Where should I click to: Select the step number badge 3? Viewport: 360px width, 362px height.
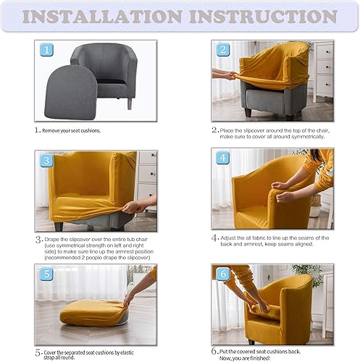pos(46,161)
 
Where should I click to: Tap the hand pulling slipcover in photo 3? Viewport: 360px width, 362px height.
pos(130,208)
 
